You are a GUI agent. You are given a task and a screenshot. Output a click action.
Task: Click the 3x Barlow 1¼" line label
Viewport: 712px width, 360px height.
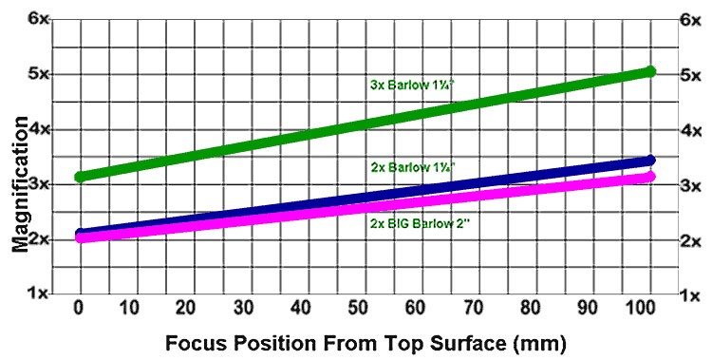coord(413,85)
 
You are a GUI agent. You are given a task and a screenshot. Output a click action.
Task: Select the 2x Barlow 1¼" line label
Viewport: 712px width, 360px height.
coord(413,167)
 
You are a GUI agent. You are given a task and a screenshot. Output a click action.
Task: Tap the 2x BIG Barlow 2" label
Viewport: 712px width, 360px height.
coord(419,223)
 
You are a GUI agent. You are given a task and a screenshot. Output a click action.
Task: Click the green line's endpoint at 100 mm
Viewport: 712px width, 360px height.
coord(650,71)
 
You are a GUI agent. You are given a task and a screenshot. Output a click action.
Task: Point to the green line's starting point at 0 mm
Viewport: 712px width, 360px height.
coord(81,177)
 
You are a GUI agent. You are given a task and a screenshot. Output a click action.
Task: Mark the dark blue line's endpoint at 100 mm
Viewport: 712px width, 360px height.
coord(650,160)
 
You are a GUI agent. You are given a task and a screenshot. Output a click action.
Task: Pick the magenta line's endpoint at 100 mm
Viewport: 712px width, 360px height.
coord(650,177)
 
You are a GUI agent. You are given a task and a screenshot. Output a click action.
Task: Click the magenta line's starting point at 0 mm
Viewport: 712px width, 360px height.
coord(81,237)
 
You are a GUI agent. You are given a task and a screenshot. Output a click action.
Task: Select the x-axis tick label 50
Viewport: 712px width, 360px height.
coord(358,309)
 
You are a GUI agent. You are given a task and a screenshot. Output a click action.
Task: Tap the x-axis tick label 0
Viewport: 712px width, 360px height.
coord(80,309)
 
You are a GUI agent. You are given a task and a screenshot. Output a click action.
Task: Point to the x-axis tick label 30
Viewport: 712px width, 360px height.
coord(243,309)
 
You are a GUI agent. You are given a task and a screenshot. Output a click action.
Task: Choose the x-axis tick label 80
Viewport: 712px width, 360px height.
coord(530,309)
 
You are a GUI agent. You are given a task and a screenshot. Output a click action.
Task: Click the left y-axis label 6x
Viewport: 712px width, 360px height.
coord(38,20)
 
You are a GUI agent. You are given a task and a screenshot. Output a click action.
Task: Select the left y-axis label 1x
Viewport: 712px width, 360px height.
coord(38,294)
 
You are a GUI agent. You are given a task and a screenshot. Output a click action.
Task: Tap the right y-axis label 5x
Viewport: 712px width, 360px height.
coord(690,75)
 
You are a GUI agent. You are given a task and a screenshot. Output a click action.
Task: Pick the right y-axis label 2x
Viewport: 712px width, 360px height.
coord(690,241)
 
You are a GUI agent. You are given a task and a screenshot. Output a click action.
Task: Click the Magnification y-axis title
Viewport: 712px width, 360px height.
coord(20,184)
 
